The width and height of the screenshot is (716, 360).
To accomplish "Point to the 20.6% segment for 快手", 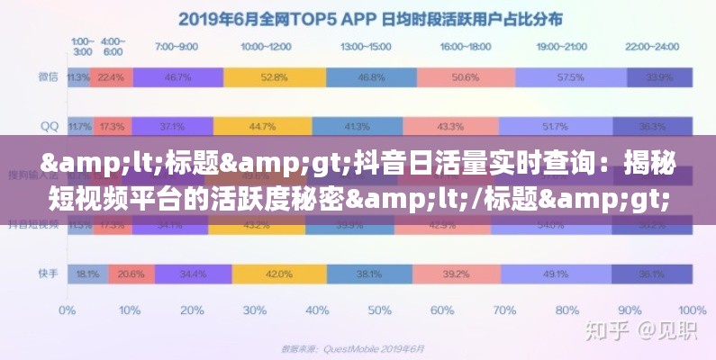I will (131, 273).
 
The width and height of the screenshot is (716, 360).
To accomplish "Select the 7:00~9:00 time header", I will (177, 45).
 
